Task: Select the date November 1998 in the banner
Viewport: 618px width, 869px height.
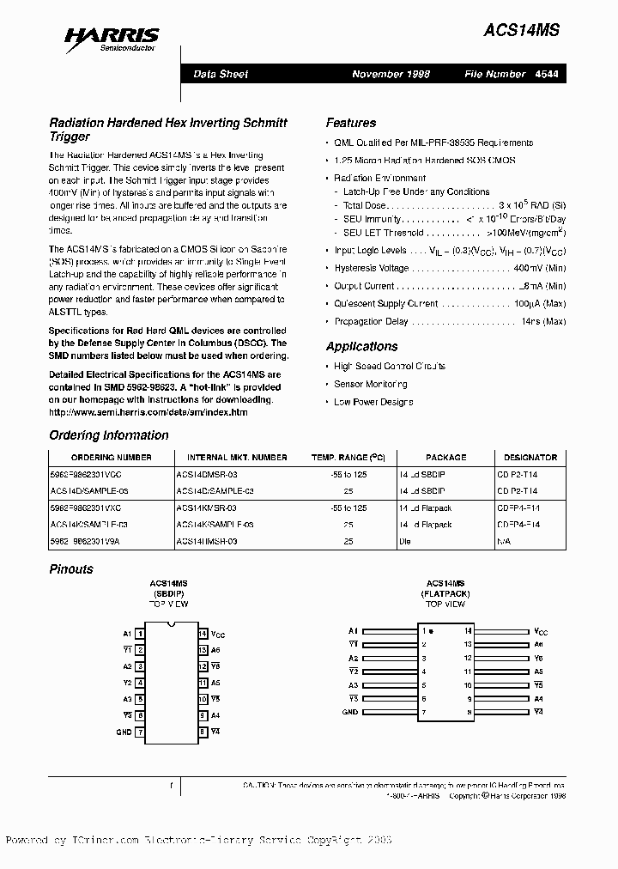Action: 391,74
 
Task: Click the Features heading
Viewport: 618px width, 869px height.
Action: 350,123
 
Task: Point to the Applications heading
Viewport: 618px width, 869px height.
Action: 361,346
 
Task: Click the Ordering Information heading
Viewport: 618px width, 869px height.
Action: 109,435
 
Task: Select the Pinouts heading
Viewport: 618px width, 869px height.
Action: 71,568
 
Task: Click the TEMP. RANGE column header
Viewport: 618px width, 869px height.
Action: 348,458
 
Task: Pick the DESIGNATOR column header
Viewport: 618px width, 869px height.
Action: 530,458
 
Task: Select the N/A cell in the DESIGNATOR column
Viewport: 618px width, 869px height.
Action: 504,542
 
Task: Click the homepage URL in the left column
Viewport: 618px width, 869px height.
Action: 148,412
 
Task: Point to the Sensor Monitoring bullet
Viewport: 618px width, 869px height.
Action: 370,384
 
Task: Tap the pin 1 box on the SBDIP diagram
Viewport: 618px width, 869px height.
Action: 141,634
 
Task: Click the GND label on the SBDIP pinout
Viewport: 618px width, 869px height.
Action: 124,732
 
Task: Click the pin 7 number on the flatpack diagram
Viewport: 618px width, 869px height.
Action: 423,713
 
